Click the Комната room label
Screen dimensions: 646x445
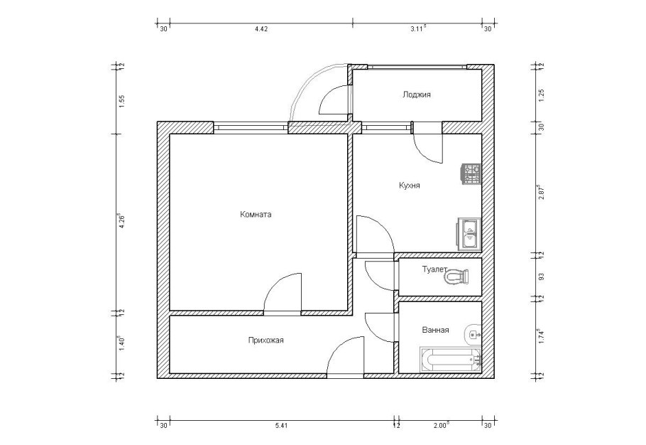tap(256, 215)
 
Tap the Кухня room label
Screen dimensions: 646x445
tap(410, 186)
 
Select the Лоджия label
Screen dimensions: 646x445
tap(417, 95)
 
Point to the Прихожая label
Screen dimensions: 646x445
tap(265, 341)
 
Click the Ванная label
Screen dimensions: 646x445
tap(435, 330)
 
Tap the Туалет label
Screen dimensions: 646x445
tap(434, 269)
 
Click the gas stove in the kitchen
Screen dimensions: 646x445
tap(471, 174)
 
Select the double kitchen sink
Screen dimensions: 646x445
tap(469, 234)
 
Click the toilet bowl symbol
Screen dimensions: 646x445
tap(456, 277)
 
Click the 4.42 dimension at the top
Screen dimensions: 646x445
tap(262, 29)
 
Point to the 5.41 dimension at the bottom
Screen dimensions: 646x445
tap(282, 426)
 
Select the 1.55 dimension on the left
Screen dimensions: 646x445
tap(121, 101)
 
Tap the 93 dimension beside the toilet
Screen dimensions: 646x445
tap(542, 276)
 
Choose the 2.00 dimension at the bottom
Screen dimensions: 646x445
tap(442, 425)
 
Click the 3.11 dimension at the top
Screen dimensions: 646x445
tap(418, 28)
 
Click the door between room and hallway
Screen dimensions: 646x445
tap(283, 293)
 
